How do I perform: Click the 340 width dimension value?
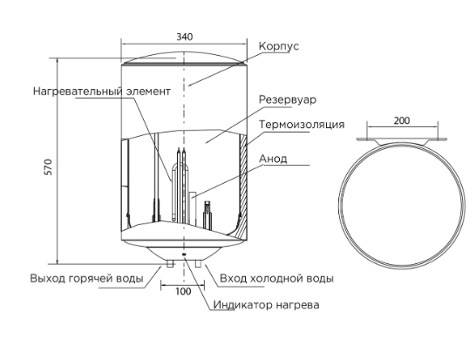(x=185, y=37)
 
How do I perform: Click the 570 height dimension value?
(x=49, y=166)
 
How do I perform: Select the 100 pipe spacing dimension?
(x=183, y=291)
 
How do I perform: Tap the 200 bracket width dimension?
(x=402, y=121)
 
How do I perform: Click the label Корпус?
(x=279, y=46)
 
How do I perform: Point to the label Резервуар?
(x=288, y=99)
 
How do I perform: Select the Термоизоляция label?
(x=302, y=125)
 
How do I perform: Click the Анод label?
(x=273, y=159)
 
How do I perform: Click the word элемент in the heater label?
(x=148, y=92)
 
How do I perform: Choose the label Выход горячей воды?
(x=86, y=278)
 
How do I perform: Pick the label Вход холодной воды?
(x=276, y=278)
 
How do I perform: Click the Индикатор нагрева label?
(x=266, y=305)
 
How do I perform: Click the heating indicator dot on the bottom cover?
(x=184, y=254)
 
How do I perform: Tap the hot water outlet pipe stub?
(x=170, y=263)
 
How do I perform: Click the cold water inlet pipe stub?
(x=198, y=263)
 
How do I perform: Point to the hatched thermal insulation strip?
(x=243, y=185)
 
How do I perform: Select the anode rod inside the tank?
(x=193, y=208)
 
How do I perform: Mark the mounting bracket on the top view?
(x=402, y=140)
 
